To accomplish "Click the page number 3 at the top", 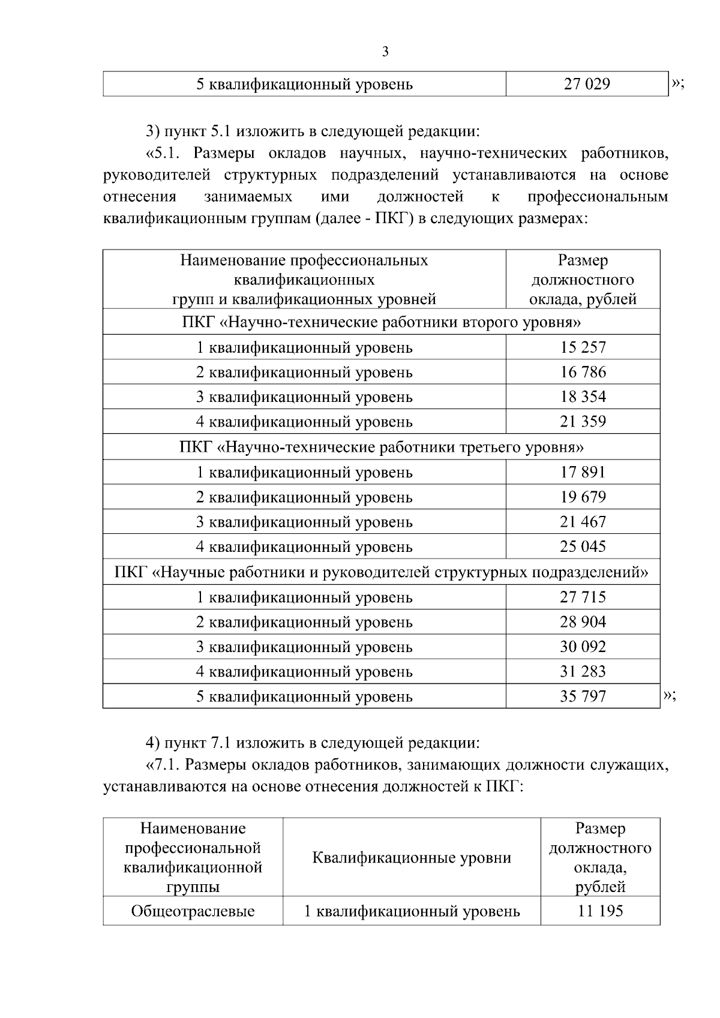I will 385,52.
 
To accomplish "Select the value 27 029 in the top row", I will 586,84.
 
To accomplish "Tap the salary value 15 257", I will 583,347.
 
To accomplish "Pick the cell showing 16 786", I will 583,372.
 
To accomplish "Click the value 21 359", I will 583,422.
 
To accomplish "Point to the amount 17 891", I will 583,472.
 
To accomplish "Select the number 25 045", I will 583,546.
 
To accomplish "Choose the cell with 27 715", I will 583,597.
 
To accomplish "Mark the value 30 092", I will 583,647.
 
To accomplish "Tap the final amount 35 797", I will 583,696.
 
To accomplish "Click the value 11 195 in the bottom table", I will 600,911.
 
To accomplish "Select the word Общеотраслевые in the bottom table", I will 193,912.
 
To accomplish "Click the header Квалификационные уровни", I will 412,858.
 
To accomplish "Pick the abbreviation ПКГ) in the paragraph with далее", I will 394,218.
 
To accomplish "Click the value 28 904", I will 583,622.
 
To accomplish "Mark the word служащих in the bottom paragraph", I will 626,765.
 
